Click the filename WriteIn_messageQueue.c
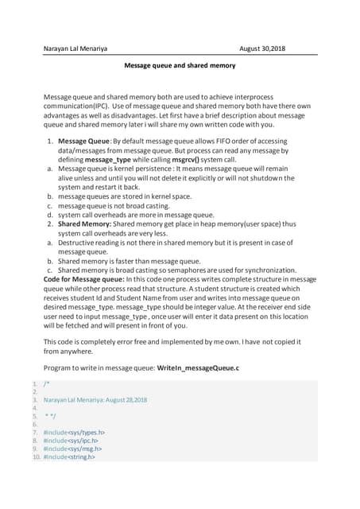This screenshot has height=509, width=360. pos(198,369)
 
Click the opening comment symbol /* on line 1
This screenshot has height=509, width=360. pos(46,383)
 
